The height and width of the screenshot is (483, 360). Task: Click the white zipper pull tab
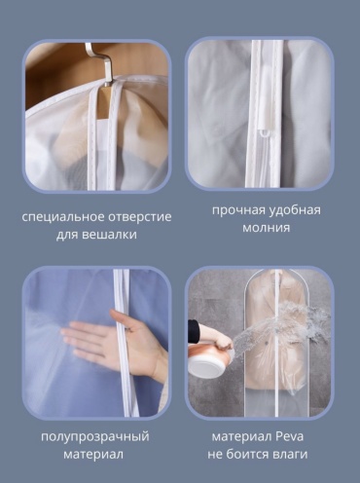point(263,133)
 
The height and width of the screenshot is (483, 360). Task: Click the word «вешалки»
point(109,235)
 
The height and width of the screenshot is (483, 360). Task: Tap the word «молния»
point(267,228)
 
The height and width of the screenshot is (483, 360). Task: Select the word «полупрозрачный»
point(95,437)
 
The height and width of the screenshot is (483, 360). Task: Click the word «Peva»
point(289,436)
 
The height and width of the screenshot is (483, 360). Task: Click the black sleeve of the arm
point(193,331)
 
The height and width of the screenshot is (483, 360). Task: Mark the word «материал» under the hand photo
point(93,454)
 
